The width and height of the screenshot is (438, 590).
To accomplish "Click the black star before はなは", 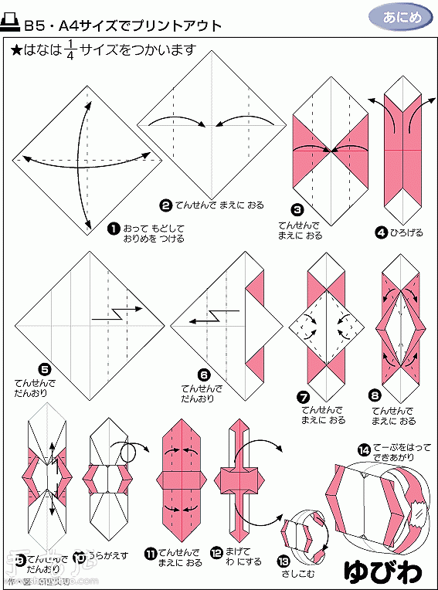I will (15, 52).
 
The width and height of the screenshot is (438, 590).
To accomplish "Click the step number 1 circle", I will (114, 229).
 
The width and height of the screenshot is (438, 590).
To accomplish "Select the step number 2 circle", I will (165, 205).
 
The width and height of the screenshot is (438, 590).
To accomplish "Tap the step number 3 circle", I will (297, 209).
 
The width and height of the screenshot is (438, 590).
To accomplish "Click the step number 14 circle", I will (363, 449).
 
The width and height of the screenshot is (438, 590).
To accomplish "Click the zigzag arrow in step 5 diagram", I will (116, 313).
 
